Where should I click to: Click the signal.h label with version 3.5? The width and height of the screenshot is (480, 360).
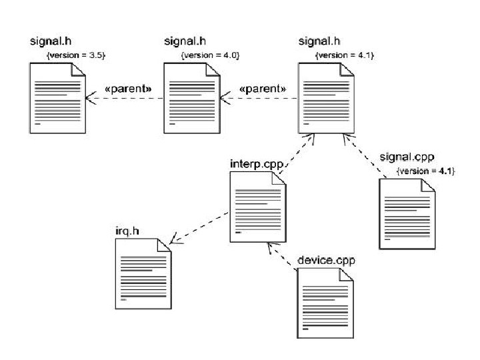(50, 41)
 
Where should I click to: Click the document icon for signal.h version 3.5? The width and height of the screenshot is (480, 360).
(57, 99)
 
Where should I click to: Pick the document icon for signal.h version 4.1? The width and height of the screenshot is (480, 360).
(325, 99)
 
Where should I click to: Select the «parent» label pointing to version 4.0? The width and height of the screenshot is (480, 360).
(262, 88)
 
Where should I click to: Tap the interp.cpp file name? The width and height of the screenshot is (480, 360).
(255, 163)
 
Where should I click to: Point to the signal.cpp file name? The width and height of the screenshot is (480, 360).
(407, 157)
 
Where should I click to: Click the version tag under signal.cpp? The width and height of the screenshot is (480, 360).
(425, 171)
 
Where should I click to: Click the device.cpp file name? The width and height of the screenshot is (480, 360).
(327, 259)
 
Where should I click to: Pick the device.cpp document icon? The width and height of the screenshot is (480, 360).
(325, 303)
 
